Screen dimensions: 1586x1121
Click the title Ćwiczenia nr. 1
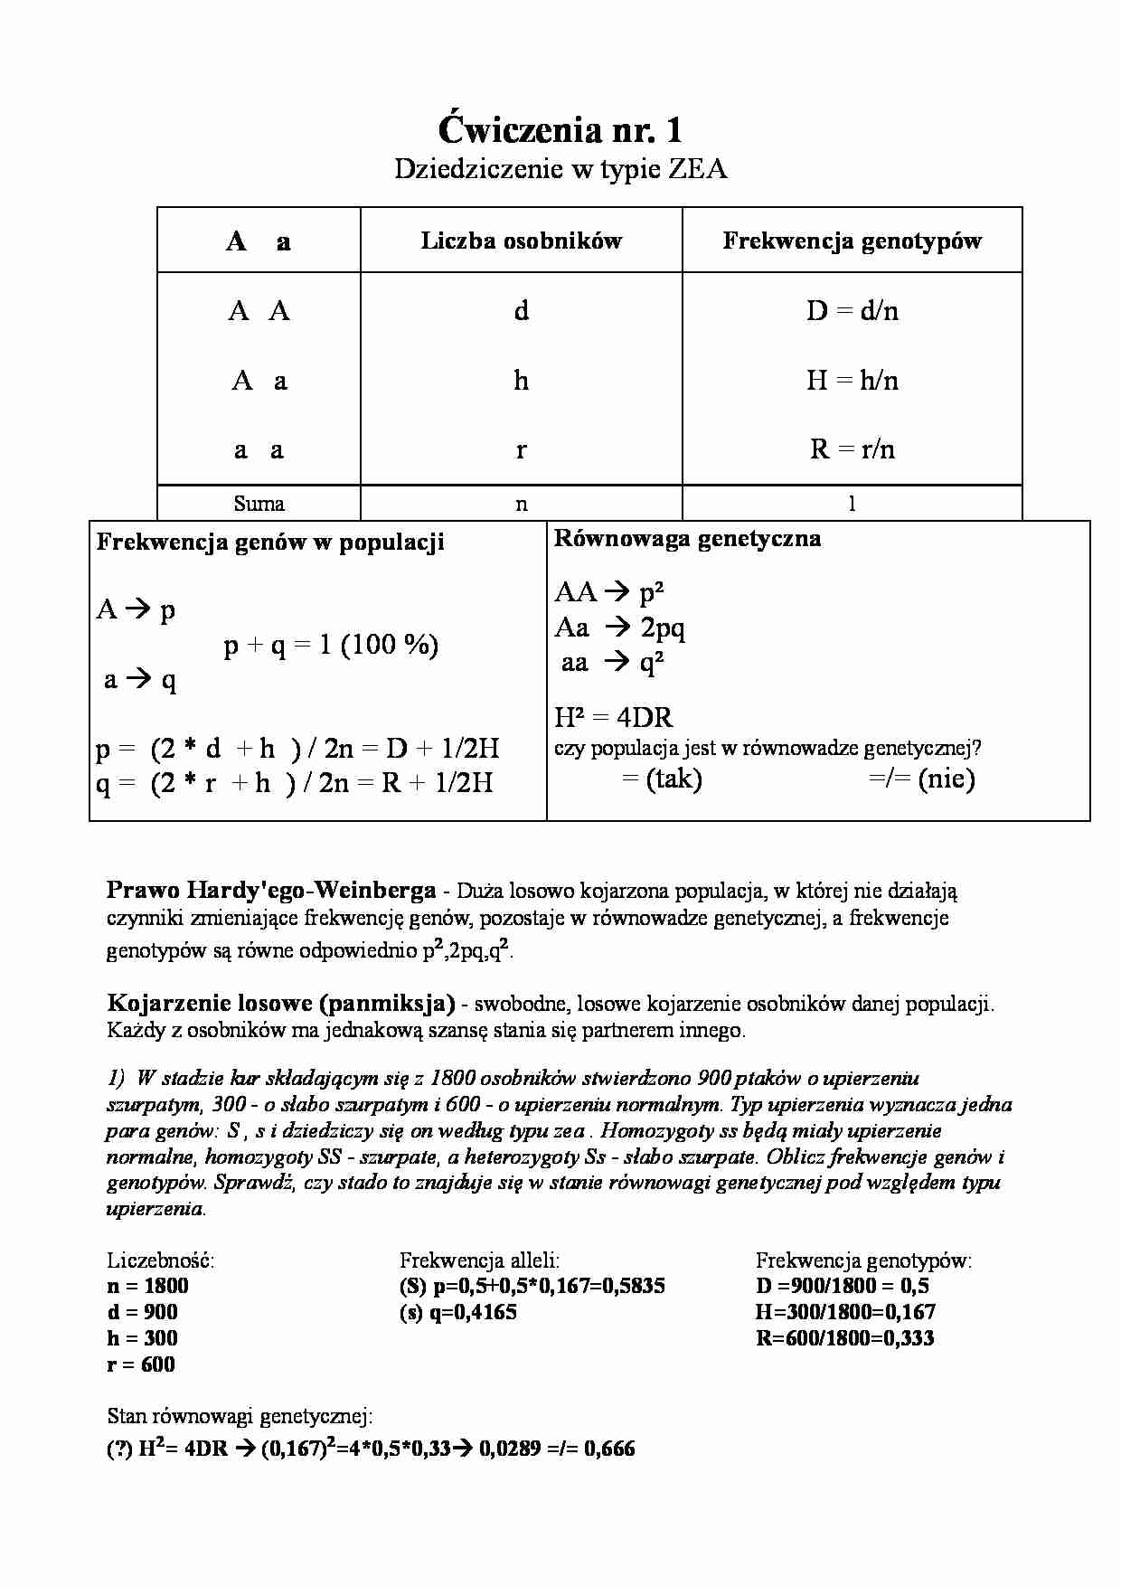[x=560, y=131]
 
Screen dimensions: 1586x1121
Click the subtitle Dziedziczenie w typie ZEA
[x=560, y=169]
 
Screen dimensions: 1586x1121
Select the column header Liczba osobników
[x=521, y=241]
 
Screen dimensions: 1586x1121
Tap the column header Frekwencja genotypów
[x=852, y=241]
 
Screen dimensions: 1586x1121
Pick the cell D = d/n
[x=852, y=311]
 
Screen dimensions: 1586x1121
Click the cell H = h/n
[x=852, y=381]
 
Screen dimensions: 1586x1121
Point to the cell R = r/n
[x=852, y=449]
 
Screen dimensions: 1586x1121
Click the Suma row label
[x=259, y=504]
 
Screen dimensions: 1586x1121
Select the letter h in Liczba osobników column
[x=521, y=381]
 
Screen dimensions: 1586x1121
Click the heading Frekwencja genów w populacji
[x=270, y=543]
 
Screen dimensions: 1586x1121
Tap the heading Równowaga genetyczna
[x=687, y=539]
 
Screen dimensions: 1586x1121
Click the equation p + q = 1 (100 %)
[x=331, y=645]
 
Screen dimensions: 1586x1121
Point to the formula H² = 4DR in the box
[x=613, y=718]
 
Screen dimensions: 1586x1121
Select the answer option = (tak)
[x=662, y=779]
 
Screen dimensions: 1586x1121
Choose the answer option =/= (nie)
[x=921, y=779]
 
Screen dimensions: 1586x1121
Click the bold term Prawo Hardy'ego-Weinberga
[x=271, y=891]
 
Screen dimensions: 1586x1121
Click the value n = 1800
[x=147, y=1287]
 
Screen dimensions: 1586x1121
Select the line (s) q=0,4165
[x=458, y=1313]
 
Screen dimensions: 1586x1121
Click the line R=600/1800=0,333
[x=844, y=1339]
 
